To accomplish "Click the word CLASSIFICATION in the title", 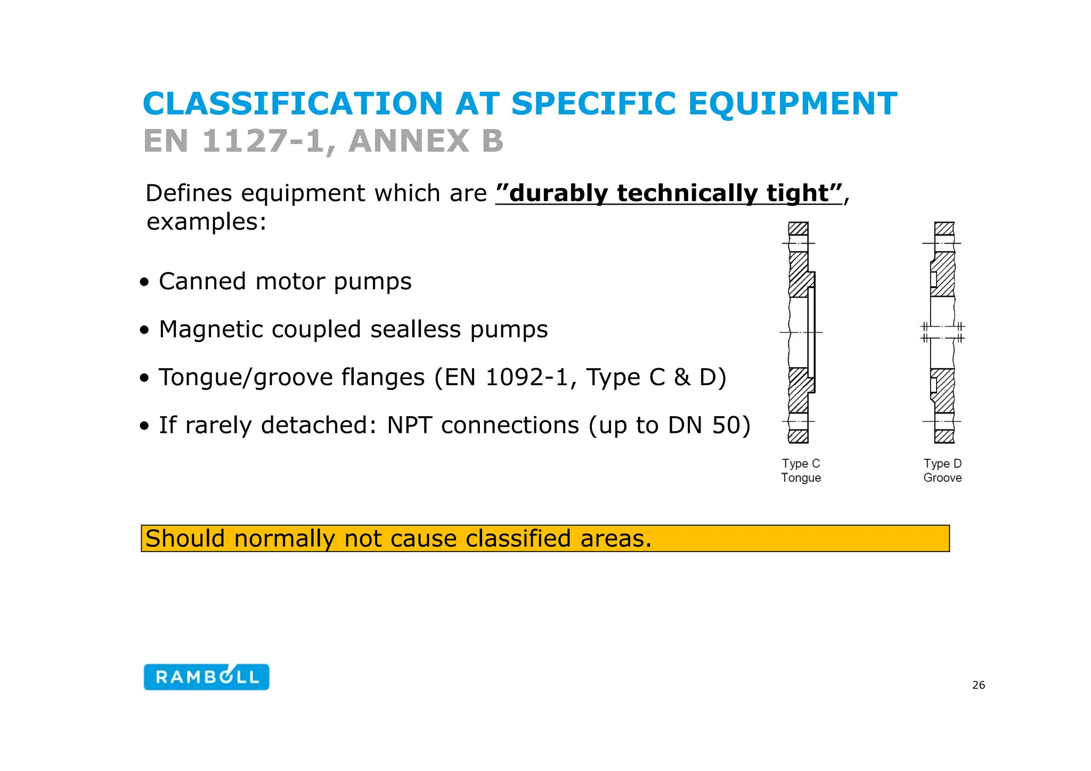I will pos(292,103).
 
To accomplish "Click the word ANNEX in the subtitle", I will pos(408,141).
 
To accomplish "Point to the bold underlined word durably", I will pos(558,193).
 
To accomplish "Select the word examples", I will pos(206,222).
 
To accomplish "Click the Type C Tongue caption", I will pos(801,470).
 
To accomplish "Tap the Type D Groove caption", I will pos(942,470).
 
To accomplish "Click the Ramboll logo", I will pos(206,677).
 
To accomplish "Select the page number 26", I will pos(979,685).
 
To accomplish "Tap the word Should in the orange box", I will pos(185,539).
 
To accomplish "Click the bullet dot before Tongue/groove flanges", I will pos(144,378).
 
